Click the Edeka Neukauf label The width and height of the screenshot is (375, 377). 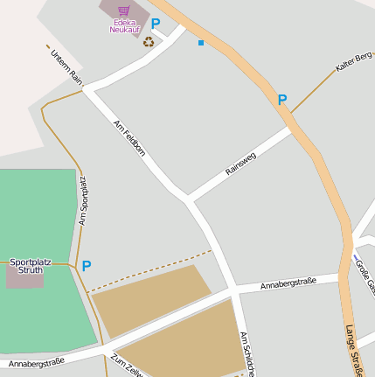pyautogui.click(x=124, y=25)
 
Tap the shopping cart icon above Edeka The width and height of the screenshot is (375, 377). pyautogui.click(x=124, y=11)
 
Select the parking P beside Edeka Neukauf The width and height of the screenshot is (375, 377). pyautogui.click(x=156, y=24)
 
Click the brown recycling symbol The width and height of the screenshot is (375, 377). pyautogui.click(x=149, y=41)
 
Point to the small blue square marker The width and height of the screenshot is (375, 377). pyautogui.click(x=201, y=42)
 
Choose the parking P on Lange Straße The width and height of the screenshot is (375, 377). pyautogui.click(x=282, y=101)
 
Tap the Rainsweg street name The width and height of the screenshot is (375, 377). pyautogui.click(x=241, y=163)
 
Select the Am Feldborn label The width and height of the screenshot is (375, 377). pyautogui.click(x=129, y=138)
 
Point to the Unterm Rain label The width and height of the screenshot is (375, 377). pyautogui.click(x=66, y=66)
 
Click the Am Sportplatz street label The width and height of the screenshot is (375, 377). pyautogui.click(x=83, y=201)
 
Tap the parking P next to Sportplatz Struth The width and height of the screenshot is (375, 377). pyautogui.click(x=87, y=265)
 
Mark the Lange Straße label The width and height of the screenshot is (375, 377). pyautogui.click(x=353, y=351)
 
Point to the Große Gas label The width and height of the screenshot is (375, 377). pyautogui.click(x=365, y=273)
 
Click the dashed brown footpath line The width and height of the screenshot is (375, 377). pyautogui.click(x=149, y=271)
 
